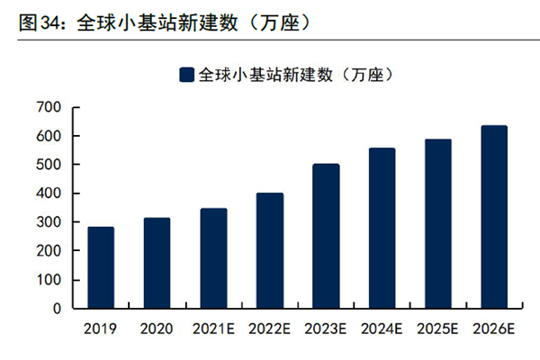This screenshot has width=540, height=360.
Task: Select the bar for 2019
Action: [x=101, y=267]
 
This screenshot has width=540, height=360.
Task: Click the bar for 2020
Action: [x=157, y=263]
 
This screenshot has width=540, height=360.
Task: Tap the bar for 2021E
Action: [x=213, y=258]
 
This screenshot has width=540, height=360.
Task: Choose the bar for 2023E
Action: [x=326, y=236]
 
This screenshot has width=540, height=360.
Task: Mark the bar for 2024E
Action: [x=382, y=228]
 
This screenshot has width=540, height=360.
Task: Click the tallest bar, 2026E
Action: [x=494, y=217]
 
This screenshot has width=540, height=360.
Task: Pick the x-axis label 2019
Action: [x=101, y=329]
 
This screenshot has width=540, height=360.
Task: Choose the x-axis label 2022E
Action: [x=269, y=329]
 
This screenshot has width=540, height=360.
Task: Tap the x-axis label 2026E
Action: [x=494, y=329]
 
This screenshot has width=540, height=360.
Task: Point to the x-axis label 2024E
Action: [x=382, y=329]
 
